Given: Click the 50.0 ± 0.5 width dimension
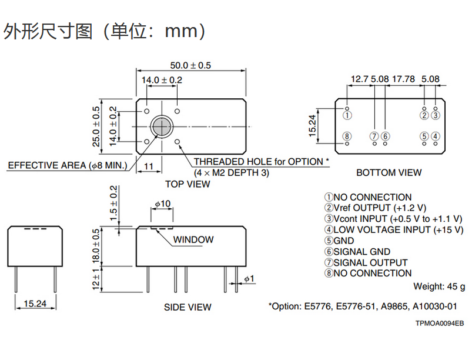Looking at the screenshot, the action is (190, 65).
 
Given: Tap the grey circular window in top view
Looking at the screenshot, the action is (162, 126).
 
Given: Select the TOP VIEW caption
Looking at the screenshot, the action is (188, 184).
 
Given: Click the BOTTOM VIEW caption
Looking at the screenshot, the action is (389, 172).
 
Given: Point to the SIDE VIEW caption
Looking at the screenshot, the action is (188, 307).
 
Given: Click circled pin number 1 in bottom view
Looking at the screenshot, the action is (347, 115).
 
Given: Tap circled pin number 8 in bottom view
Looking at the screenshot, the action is (347, 136).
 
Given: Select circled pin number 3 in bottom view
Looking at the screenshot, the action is (436, 115).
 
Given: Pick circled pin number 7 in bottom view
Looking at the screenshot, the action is (374, 136).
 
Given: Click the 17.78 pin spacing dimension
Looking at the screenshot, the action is (403, 79).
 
